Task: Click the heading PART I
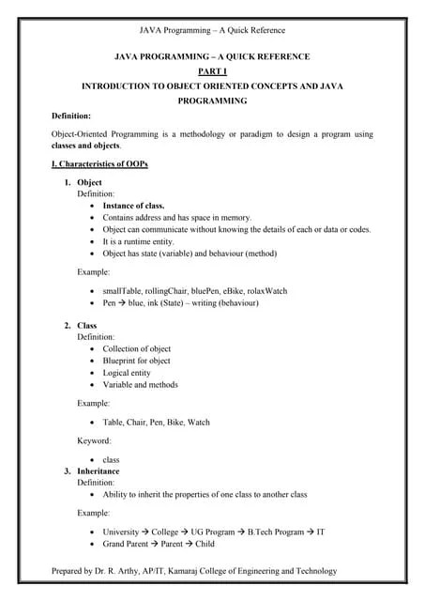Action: [x=212, y=70]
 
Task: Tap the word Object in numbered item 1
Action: [x=89, y=182]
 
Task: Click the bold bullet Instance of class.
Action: [x=133, y=205]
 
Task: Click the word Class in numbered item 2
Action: [x=86, y=326]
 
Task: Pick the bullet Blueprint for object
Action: [x=136, y=361]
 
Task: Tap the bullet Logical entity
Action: [x=128, y=373]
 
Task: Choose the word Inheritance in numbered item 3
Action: [x=99, y=471]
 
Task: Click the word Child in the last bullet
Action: [x=205, y=544]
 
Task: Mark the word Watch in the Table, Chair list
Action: [x=198, y=423]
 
